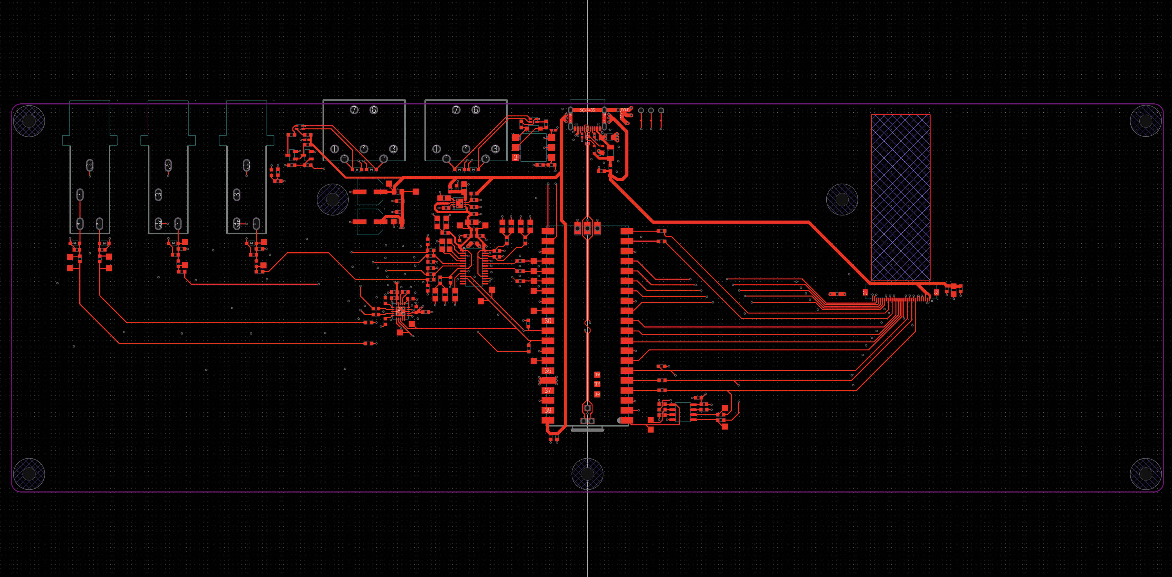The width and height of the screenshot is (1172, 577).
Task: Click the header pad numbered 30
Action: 548,321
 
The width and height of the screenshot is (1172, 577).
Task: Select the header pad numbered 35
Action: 548,370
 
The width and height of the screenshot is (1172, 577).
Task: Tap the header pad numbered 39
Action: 548,411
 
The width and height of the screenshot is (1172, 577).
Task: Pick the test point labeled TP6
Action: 597,375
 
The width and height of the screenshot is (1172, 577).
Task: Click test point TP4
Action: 597,394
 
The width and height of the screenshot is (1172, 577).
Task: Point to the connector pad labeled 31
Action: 865,292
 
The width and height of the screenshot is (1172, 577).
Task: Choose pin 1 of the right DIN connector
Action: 436,149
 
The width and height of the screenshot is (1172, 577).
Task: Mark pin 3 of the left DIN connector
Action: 393,149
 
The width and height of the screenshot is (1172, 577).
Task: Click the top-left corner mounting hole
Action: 29,121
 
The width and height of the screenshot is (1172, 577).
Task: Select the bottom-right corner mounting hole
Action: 1146,474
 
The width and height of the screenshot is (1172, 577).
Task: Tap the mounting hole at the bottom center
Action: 587,474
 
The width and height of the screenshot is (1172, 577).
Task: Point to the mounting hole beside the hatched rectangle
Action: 842,199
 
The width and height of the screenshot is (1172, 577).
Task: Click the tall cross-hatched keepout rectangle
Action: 900,197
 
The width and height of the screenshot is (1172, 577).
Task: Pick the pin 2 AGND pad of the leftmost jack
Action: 90,165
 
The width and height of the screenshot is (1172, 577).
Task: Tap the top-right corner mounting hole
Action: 1146,121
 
